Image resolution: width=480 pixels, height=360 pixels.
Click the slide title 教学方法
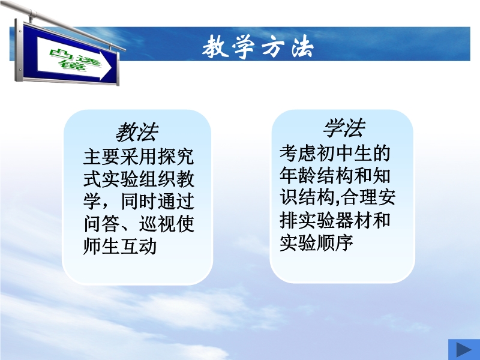click(x=258, y=47)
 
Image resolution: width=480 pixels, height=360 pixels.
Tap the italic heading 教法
click(x=137, y=132)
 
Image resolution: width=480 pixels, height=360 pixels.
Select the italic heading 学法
click(x=344, y=128)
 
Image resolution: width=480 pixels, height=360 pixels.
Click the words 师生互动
click(x=120, y=246)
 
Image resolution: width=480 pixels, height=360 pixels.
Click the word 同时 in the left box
click(x=139, y=201)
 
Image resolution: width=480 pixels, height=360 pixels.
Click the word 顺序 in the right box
click(x=335, y=242)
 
